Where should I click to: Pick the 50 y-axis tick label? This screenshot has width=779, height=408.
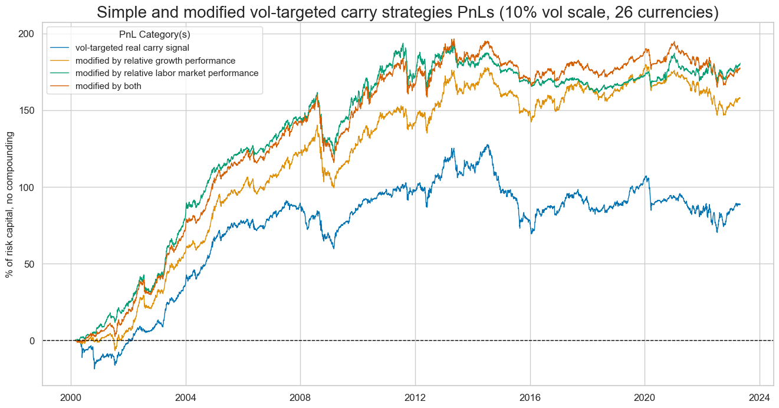tap(29, 264)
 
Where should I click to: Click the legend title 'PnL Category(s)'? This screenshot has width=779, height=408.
tap(155, 35)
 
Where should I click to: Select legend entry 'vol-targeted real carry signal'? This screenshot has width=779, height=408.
tap(144, 48)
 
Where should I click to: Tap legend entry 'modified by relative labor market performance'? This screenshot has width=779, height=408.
tap(170, 73)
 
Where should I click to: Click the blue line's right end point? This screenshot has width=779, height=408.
tap(741, 204)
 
